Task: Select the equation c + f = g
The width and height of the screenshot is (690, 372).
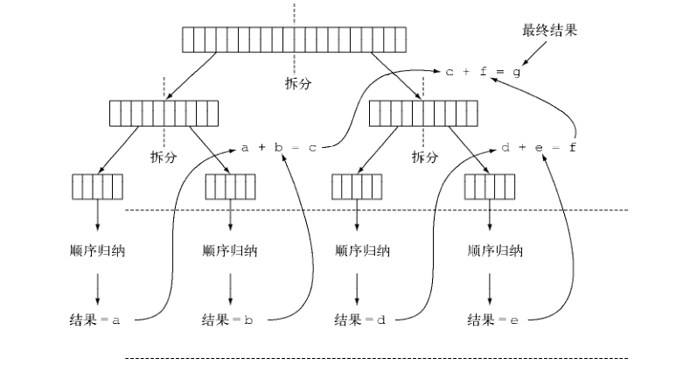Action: tap(483, 73)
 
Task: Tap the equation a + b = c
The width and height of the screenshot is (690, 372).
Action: tap(277, 148)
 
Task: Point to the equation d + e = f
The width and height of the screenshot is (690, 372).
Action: tap(540, 148)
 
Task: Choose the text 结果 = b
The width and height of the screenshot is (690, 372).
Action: tap(227, 320)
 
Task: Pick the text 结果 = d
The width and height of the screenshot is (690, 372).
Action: tap(359, 320)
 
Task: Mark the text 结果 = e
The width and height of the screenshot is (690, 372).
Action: tap(493, 320)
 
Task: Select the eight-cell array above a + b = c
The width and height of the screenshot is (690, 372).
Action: tap(164, 114)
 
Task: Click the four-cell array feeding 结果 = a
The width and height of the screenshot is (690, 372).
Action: tap(97, 187)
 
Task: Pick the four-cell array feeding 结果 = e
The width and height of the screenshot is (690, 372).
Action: tap(490, 187)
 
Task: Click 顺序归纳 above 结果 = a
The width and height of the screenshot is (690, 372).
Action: tap(97, 251)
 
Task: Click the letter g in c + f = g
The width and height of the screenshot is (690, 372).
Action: tap(517, 73)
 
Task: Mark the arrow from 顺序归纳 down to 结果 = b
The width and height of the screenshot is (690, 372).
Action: tap(231, 286)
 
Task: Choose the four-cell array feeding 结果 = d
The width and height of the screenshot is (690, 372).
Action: tap(358, 187)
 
